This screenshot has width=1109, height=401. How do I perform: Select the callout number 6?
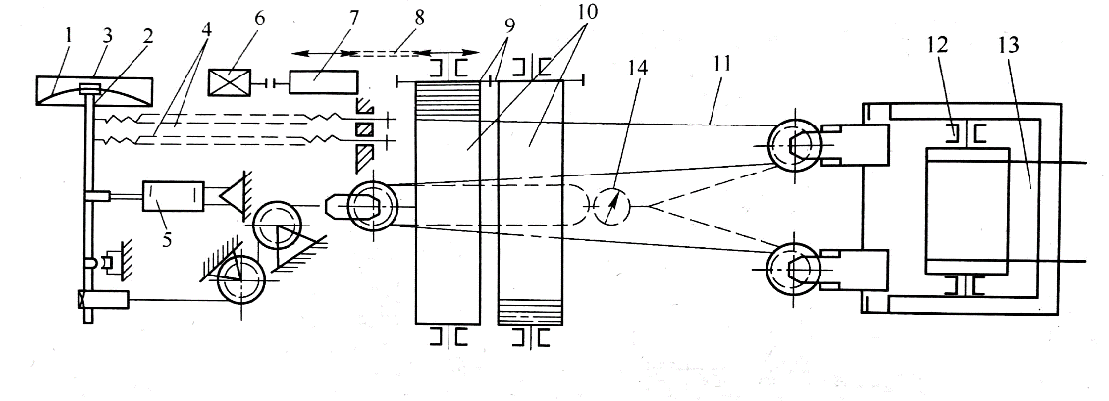point(260,18)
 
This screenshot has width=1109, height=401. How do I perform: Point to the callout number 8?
point(420,17)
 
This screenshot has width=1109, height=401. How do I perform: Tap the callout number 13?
point(1009,45)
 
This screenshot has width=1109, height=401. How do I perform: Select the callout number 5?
point(167,239)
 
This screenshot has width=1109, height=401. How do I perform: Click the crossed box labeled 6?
point(227,82)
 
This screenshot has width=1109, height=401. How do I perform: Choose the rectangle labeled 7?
point(323,82)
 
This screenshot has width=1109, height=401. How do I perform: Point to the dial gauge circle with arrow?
point(611,206)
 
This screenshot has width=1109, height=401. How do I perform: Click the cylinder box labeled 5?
point(174,195)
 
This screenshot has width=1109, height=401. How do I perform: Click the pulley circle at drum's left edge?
point(373,205)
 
